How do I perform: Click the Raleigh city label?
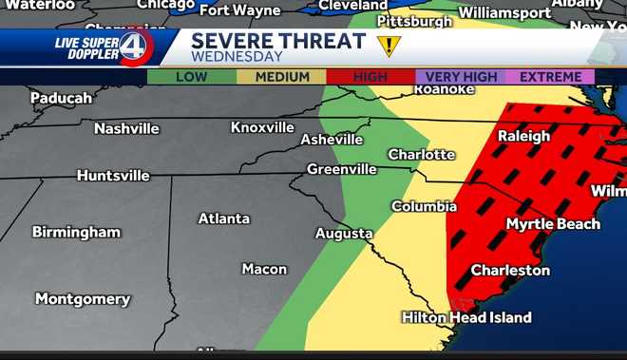pos(524,136)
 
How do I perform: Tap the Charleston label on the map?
pos(510,271)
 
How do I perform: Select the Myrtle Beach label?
pos(553,224)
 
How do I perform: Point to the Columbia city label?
pos(424,206)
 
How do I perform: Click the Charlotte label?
pos(421,154)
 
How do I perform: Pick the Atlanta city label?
pos(224,218)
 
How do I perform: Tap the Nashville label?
pos(126,128)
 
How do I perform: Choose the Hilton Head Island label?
pos(465,317)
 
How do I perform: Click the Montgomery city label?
pos(83,299)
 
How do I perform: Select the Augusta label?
pos(344,233)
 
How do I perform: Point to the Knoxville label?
pos(262,127)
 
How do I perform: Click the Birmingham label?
pos(76,232)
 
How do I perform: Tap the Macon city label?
pos(264,269)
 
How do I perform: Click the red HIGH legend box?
pos(370,77)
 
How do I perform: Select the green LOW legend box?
pos(191,77)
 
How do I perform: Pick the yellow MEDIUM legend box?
pos(281,77)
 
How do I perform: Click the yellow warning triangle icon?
pos(388,46)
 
